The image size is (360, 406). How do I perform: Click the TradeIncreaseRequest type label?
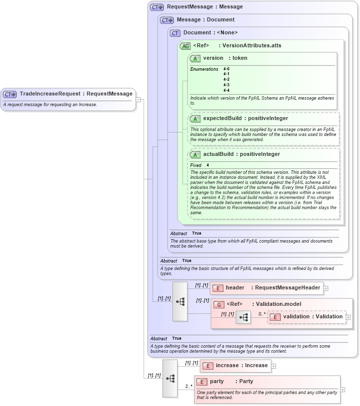76,94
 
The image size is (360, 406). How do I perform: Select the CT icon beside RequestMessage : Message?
157,7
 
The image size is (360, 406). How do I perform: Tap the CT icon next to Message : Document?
167,20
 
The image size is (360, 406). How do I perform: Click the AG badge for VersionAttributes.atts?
185,46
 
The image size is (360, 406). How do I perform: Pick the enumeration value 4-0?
226,69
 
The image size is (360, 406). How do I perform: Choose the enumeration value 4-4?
226,90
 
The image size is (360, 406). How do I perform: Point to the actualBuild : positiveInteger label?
241,154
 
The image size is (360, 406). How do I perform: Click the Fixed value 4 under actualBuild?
208,165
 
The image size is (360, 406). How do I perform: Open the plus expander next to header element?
326,288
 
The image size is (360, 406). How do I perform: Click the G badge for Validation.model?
218,304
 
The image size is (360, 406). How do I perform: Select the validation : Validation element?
307,317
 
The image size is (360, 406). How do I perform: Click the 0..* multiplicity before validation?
262,314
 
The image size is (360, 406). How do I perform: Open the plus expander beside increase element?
274,366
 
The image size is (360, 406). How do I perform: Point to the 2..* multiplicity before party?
188,386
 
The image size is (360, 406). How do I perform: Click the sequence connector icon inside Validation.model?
243,317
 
